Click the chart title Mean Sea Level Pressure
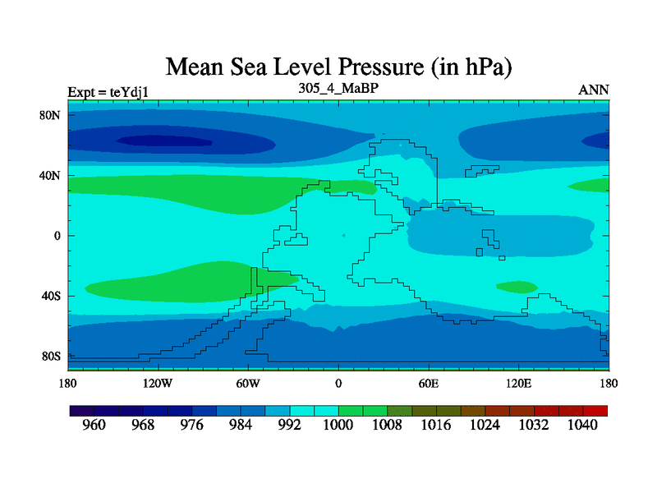pyautogui.click(x=345, y=66)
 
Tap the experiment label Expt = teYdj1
pyautogui.click(x=108, y=91)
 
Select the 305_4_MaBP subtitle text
pyautogui.click(x=338, y=86)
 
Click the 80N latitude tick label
pyautogui.click(x=52, y=115)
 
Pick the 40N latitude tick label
pyautogui.click(x=52, y=175)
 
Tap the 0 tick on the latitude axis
pyautogui.click(x=58, y=236)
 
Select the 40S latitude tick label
pyautogui.click(x=52, y=296)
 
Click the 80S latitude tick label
pyautogui.click(x=52, y=357)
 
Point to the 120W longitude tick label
pyautogui.click(x=157, y=383)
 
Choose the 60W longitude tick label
pyautogui.click(x=247, y=383)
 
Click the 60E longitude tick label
pyautogui.click(x=429, y=383)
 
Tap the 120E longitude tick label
pyautogui.click(x=519, y=383)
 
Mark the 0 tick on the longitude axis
pyautogui.click(x=338, y=383)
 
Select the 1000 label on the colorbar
pyautogui.click(x=338, y=426)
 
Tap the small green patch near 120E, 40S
pyautogui.click(x=517, y=287)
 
